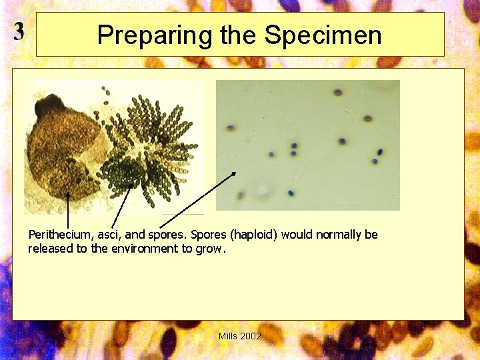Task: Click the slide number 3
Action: (19, 31)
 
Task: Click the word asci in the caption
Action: (108, 235)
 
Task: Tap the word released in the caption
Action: (49, 249)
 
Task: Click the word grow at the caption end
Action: (210, 249)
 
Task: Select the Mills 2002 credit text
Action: (240, 336)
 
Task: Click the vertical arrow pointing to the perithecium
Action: (68, 210)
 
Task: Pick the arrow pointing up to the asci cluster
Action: (121, 207)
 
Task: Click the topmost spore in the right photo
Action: (338, 93)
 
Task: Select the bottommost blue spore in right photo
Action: (291, 193)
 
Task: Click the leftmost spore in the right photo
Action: (231, 127)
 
